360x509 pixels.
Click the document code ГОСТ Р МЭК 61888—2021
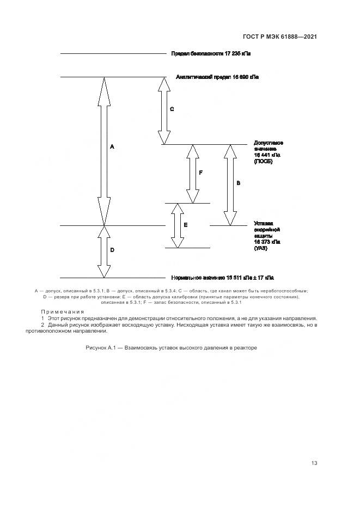(280, 37)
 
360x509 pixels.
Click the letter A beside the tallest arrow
(112, 147)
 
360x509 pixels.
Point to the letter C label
(172, 109)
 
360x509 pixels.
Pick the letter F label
(200, 172)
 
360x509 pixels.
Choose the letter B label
(238, 184)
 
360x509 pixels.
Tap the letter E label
(186, 224)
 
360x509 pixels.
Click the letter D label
(112, 250)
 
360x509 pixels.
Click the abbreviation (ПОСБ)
(263, 162)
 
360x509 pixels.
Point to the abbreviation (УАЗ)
(261, 248)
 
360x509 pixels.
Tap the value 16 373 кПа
(267, 242)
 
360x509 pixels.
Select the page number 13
(314, 463)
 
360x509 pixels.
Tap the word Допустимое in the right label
(269, 143)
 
